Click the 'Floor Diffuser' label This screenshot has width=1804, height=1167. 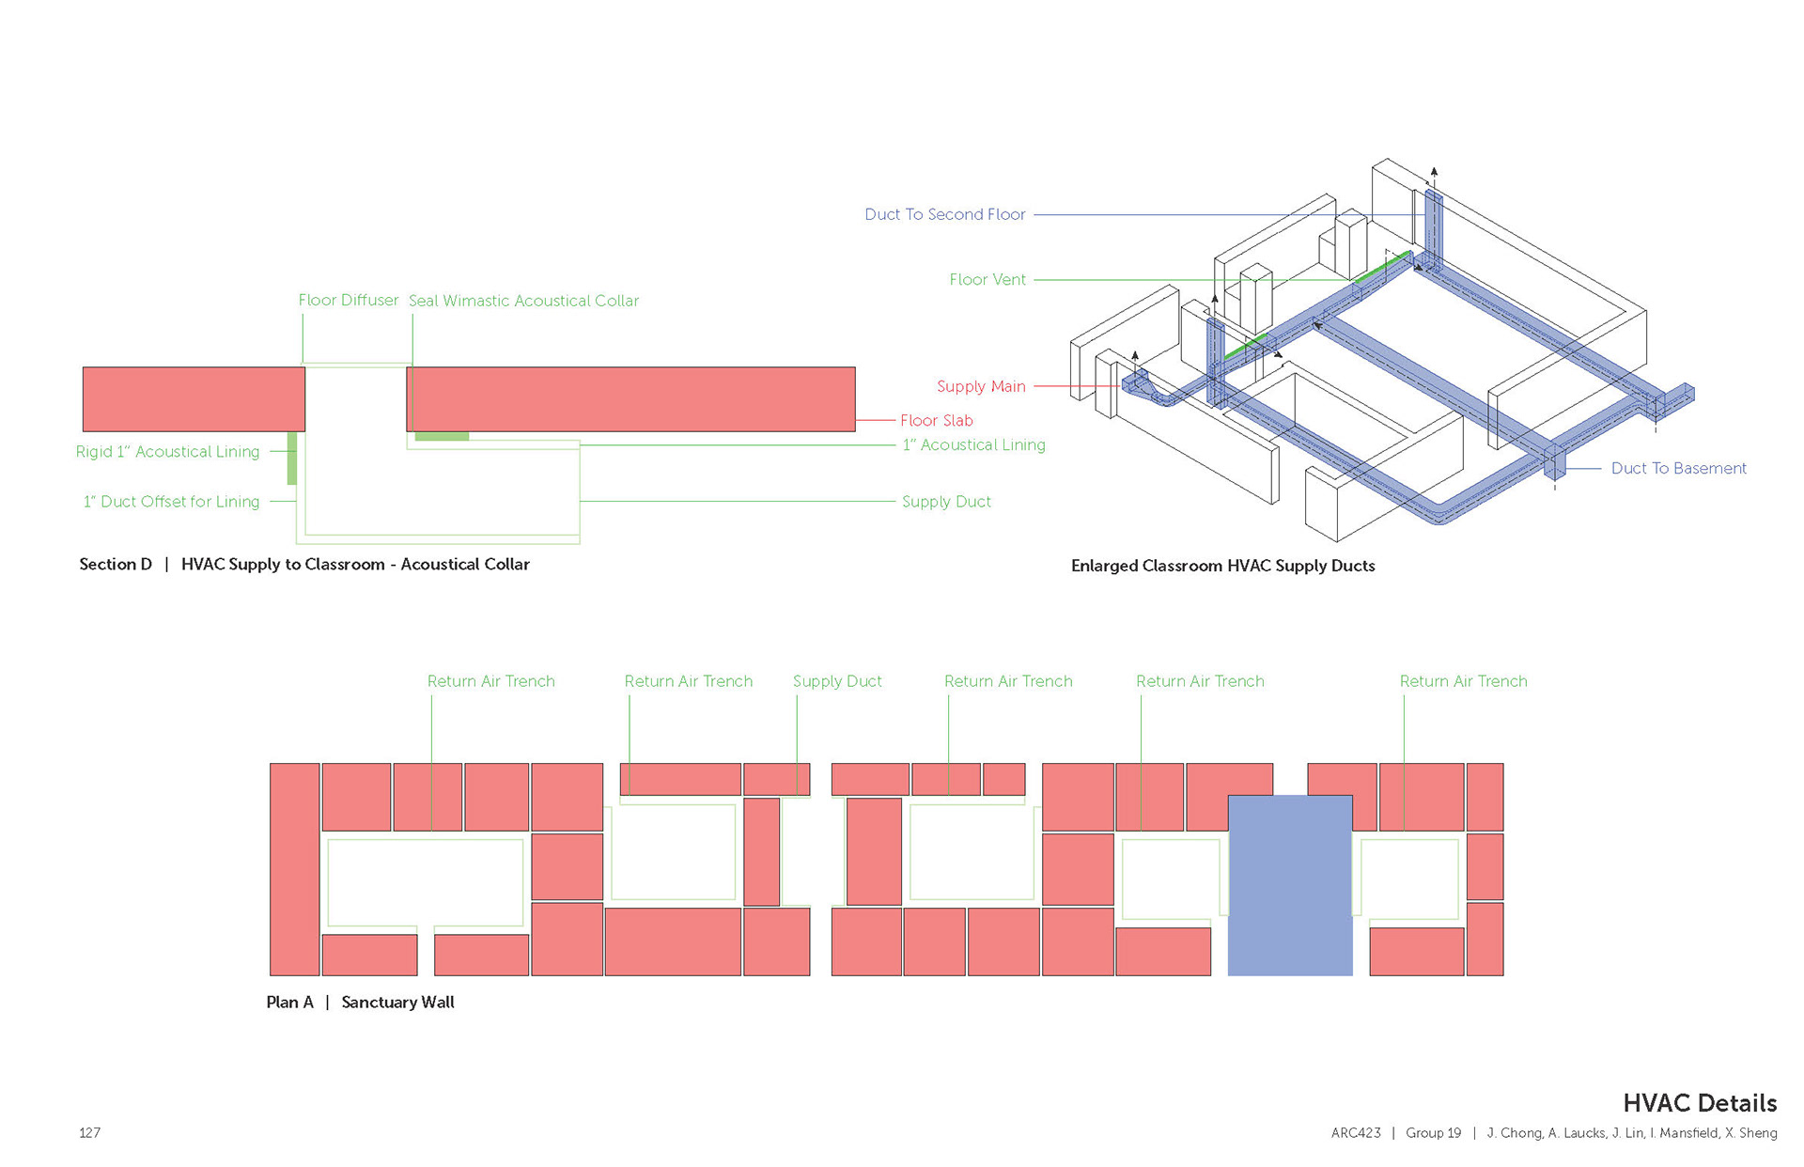click(348, 301)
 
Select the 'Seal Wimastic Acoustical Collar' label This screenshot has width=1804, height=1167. click(523, 301)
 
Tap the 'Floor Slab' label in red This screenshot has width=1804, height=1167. click(936, 421)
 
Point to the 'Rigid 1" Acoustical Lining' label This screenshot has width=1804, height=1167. click(167, 452)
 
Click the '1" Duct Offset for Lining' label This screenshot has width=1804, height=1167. click(171, 502)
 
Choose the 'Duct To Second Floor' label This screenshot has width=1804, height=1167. click(944, 214)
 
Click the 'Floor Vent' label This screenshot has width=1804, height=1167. click(987, 280)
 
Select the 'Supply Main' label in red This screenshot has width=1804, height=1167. click(981, 386)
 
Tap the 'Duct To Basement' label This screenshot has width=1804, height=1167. click(1678, 468)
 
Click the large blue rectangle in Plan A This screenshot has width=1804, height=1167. click(1290, 885)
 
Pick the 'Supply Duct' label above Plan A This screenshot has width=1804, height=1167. click(837, 681)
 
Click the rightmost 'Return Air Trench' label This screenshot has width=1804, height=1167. click(1463, 681)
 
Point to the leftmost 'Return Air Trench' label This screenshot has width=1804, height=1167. click(490, 681)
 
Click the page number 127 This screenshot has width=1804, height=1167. click(89, 1133)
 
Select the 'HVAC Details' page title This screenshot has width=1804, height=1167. click(1699, 1103)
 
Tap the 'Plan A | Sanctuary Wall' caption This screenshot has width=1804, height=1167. click(360, 1003)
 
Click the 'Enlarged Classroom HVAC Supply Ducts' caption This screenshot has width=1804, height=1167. click(1222, 566)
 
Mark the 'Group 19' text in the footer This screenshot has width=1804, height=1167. click(1433, 1133)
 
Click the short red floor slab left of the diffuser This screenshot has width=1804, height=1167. click(194, 399)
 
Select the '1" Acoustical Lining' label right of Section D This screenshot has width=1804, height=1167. click(973, 445)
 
